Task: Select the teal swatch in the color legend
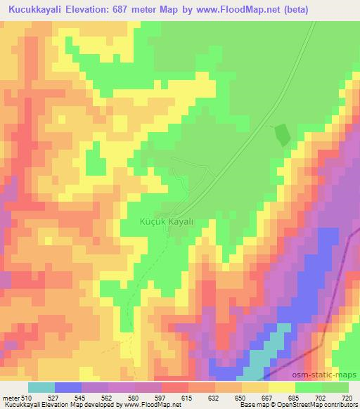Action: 41,387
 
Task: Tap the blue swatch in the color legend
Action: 68,387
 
